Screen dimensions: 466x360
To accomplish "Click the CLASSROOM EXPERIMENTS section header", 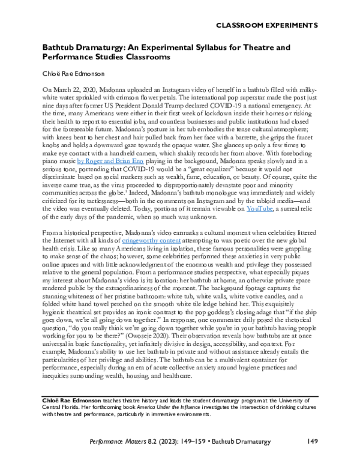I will pyautogui.click(x=266, y=25).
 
